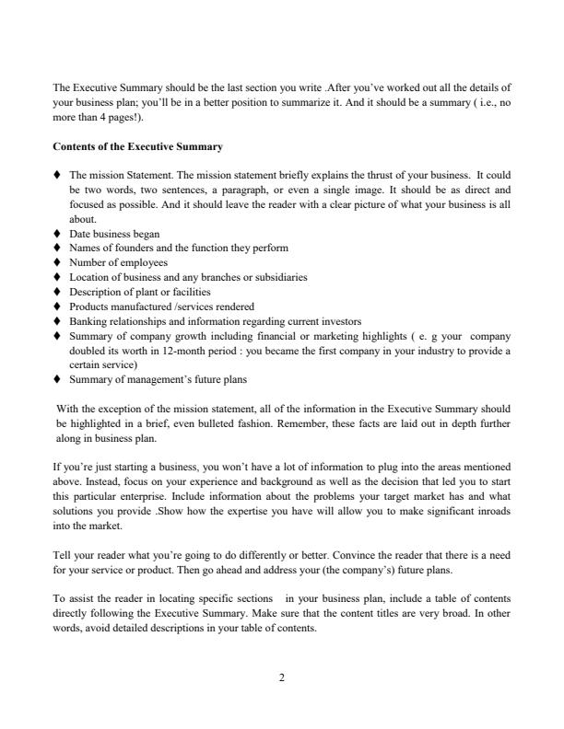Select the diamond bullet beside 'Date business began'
pyautogui.click(x=59, y=234)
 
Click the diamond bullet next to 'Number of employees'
pyautogui.click(x=59, y=262)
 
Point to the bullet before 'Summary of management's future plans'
pyautogui.click(x=59, y=377)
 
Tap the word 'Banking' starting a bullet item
pyautogui.click(x=88, y=320)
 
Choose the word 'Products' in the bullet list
pyautogui.click(x=89, y=306)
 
